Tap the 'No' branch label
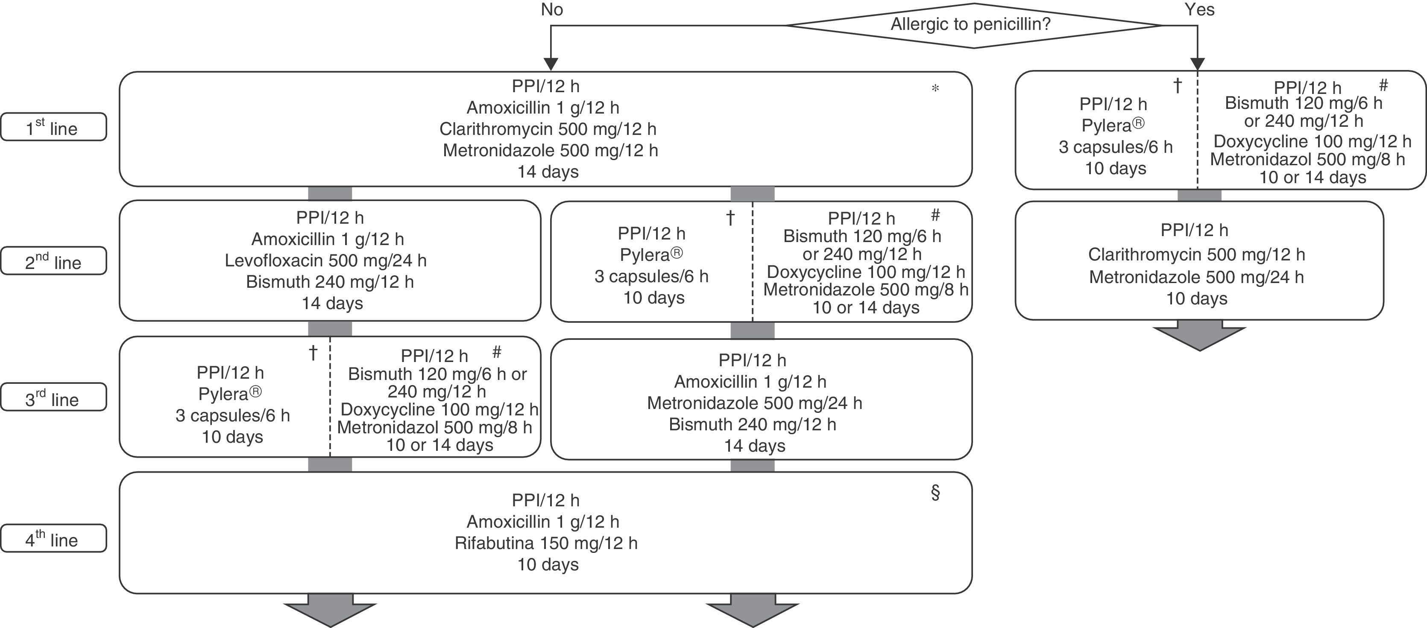click(x=552, y=10)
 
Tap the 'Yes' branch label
click(x=1199, y=10)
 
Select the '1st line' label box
click(x=53, y=127)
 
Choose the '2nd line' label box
click(x=53, y=261)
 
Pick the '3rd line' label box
click(x=53, y=397)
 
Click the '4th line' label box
click(x=53, y=538)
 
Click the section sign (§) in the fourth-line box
click(x=935, y=492)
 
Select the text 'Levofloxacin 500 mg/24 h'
click(x=326, y=260)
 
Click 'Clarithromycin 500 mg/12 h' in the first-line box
click(x=548, y=129)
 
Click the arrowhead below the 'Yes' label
click(x=1198, y=64)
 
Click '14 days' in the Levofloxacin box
click(x=332, y=304)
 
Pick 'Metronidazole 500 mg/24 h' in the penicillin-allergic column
click(x=1196, y=277)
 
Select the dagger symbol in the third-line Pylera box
click(x=313, y=353)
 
